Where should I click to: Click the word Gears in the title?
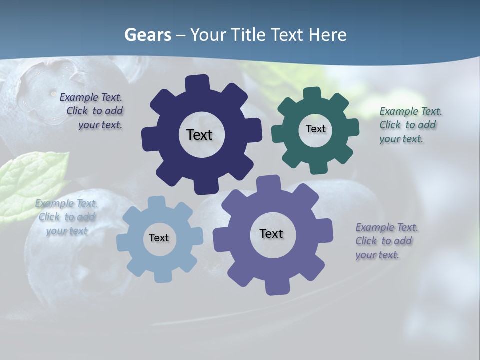click(147, 35)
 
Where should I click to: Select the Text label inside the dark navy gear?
click(199, 135)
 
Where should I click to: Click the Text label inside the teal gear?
click(315, 129)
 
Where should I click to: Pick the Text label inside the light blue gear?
click(159, 238)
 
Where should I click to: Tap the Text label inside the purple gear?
click(271, 233)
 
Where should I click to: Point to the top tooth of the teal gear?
click(312, 94)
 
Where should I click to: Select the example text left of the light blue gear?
click(67, 217)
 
